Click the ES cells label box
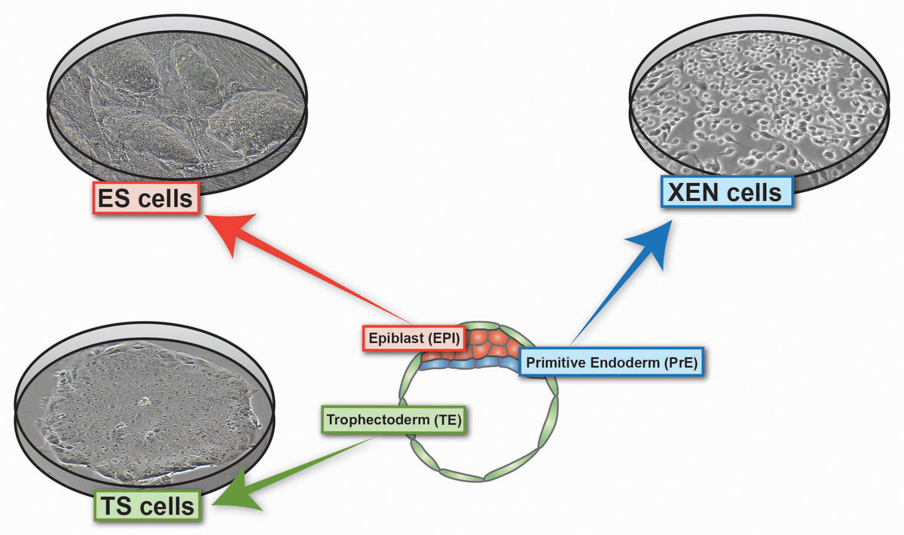146,199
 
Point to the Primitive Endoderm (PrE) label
612,362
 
